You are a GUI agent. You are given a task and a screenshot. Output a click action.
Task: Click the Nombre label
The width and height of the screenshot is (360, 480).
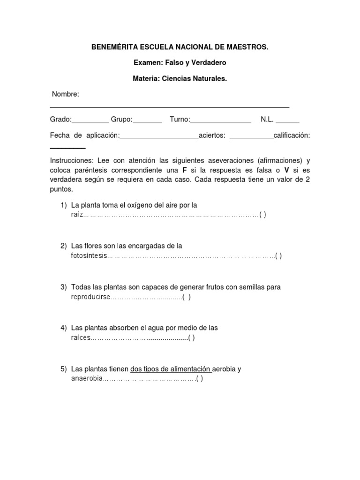click(66, 94)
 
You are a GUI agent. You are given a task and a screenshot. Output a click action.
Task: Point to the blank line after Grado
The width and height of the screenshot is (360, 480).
click(90, 122)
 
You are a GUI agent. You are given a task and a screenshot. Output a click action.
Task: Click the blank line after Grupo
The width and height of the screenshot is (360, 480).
click(148, 122)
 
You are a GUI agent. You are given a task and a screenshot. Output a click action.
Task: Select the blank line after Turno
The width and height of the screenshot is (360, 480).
click(221, 122)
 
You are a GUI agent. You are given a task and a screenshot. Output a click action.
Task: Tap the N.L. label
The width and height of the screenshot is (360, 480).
click(267, 120)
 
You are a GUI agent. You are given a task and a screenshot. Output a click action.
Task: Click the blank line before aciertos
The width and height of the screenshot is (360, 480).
click(159, 138)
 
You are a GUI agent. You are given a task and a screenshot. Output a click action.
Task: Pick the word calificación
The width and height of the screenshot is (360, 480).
click(292, 135)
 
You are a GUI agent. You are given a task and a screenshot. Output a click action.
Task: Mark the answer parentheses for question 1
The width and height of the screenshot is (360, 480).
click(262, 215)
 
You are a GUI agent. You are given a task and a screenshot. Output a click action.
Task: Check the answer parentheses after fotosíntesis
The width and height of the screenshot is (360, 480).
click(278, 256)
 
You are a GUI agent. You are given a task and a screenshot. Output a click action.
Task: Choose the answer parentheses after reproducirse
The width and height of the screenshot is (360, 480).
click(187, 297)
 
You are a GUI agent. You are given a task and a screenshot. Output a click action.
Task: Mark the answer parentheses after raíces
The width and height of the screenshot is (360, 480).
click(191, 338)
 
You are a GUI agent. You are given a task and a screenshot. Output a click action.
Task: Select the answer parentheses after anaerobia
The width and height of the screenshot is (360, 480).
click(200, 379)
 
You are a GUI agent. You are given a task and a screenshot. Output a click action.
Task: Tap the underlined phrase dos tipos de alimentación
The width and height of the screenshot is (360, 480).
click(171, 369)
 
